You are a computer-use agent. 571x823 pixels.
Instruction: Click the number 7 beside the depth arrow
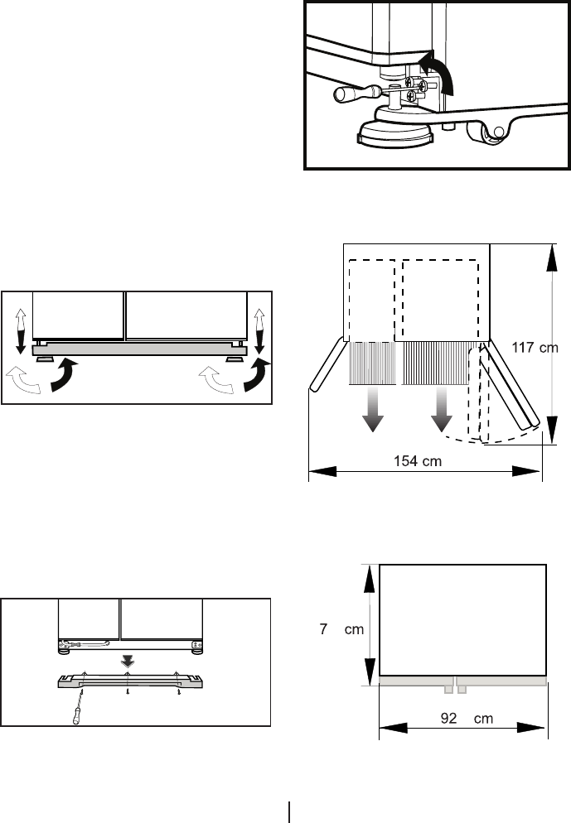tap(325, 629)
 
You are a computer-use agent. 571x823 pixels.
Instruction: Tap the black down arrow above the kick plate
tap(127, 660)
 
